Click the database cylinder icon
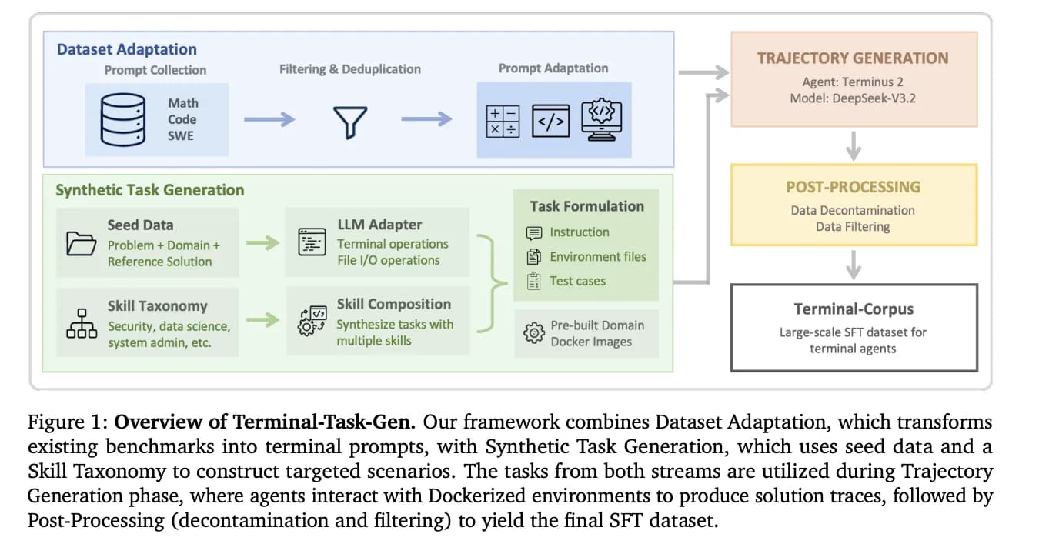pyautogui.click(x=123, y=120)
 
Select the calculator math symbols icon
pyautogui.click(x=503, y=122)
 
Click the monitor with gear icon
pyautogui.click(x=602, y=120)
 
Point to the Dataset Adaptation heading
pyautogui.click(x=126, y=49)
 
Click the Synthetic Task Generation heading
pyautogui.click(x=149, y=190)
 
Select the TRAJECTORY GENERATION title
pyautogui.click(x=853, y=58)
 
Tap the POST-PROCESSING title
pyautogui.click(x=853, y=187)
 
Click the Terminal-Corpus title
pyautogui.click(x=854, y=309)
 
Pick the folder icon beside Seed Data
pyautogui.click(x=81, y=242)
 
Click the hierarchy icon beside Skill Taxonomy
pyautogui.click(x=81, y=323)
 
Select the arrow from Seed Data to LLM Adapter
pyautogui.click(x=262, y=243)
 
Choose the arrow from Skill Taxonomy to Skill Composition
pyautogui.click(x=262, y=319)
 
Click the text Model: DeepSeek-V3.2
pyautogui.click(x=853, y=98)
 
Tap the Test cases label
pyautogui.click(x=577, y=281)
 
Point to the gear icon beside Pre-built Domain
pyautogui.click(x=533, y=333)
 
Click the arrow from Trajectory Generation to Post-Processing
pyautogui.click(x=853, y=145)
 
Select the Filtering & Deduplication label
pyautogui.click(x=349, y=69)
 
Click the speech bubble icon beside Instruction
pyautogui.click(x=533, y=232)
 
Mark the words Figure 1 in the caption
pyautogui.click(x=67, y=422)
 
